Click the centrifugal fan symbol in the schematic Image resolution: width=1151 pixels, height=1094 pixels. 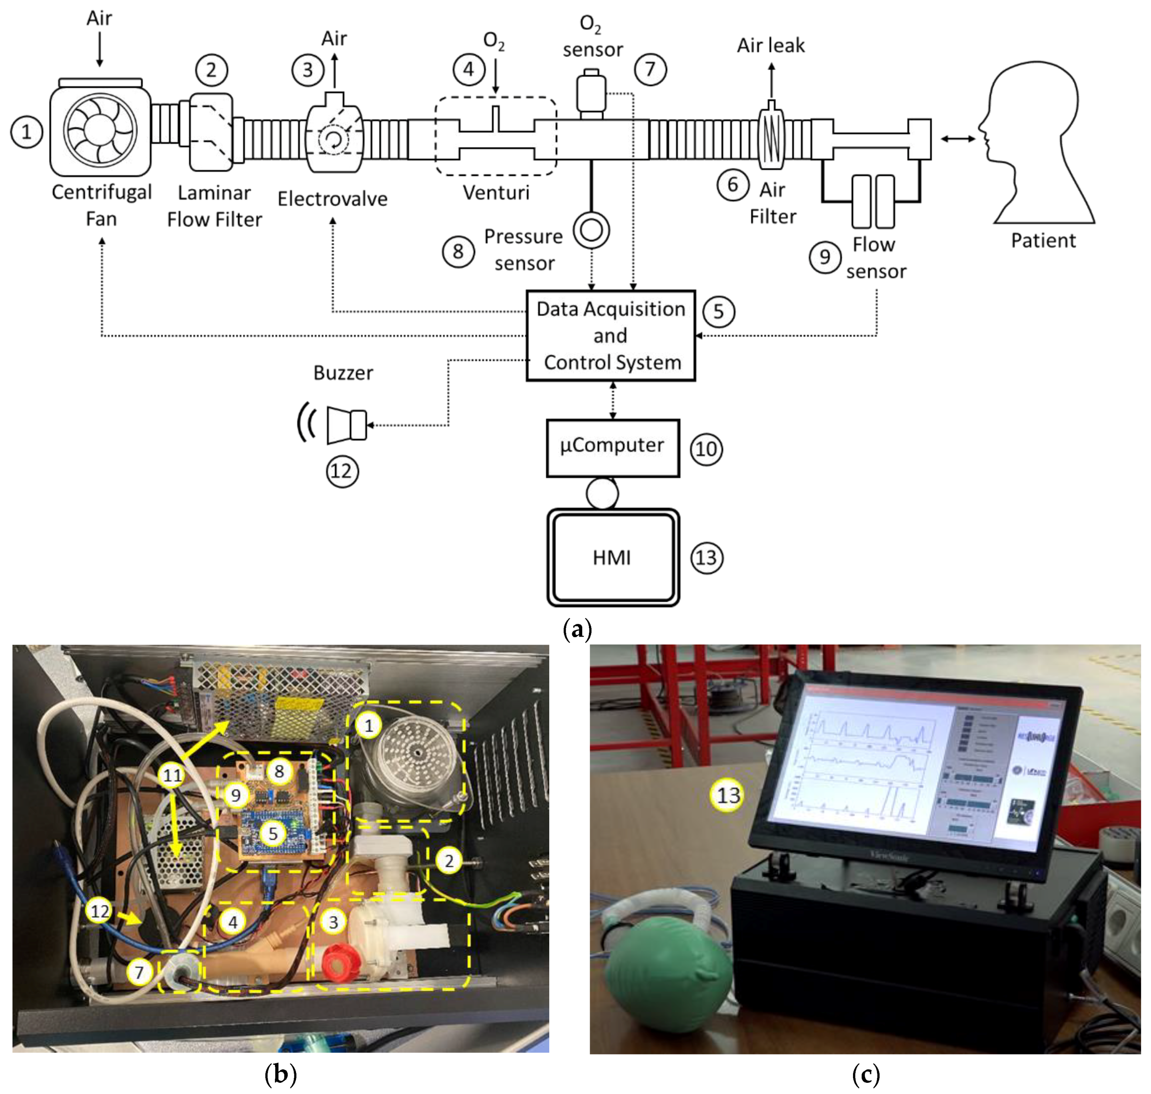[x=100, y=130]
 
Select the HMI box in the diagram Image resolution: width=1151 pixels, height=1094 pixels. [x=612, y=557]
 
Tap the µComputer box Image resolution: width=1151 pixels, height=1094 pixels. [x=612, y=447]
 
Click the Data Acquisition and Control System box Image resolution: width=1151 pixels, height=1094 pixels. [x=611, y=335]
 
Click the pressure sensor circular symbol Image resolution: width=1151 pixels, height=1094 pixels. [x=591, y=230]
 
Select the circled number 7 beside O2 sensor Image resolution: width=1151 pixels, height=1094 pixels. [x=650, y=69]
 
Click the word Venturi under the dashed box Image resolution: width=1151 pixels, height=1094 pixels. [x=496, y=192]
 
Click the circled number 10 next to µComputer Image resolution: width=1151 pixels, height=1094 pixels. [x=706, y=449]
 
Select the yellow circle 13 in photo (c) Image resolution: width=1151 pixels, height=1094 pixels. [x=728, y=795]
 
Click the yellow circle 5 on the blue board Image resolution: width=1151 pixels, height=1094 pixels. [x=273, y=834]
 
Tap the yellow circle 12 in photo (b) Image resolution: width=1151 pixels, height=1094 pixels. [x=100, y=911]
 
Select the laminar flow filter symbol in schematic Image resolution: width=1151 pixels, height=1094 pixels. [x=211, y=132]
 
